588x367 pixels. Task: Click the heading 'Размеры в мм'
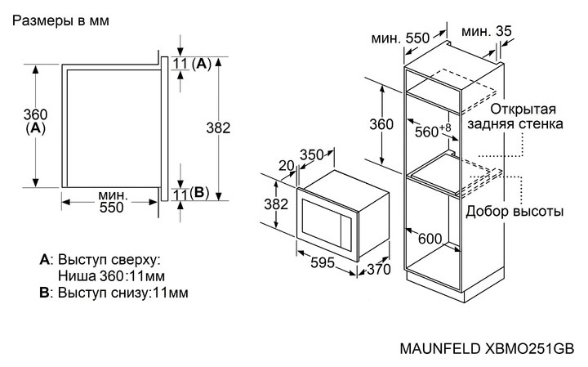point(58,21)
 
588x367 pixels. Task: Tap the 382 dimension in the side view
point(217,128)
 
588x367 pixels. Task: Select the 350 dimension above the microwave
point(311,154)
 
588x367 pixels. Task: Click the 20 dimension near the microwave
point(285,165)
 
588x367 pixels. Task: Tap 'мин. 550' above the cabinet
point(399,38)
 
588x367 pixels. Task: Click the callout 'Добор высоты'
point(514,212)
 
